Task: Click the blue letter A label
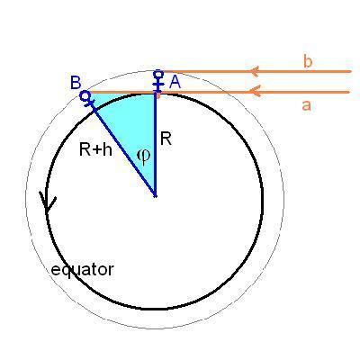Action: (175, 82)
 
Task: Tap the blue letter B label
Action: (76, 83)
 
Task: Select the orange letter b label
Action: (308, 62)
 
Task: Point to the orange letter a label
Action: (306, 105)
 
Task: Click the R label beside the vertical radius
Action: (166, 139)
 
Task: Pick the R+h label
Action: (95, 149)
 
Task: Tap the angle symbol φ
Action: (143, 157)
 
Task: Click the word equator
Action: (82, 269)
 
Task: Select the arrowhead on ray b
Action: (255, 71)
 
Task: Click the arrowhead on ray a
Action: (255, 91)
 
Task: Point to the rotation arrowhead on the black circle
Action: (48, 202)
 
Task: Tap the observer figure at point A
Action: (157, 81)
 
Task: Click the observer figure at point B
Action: (87, 99)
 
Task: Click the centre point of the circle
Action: (155, 196)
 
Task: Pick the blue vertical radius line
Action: (156, 145)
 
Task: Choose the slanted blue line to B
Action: (121, 146)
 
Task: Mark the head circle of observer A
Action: (158, 73)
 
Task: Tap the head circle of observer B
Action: (85, 95)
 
